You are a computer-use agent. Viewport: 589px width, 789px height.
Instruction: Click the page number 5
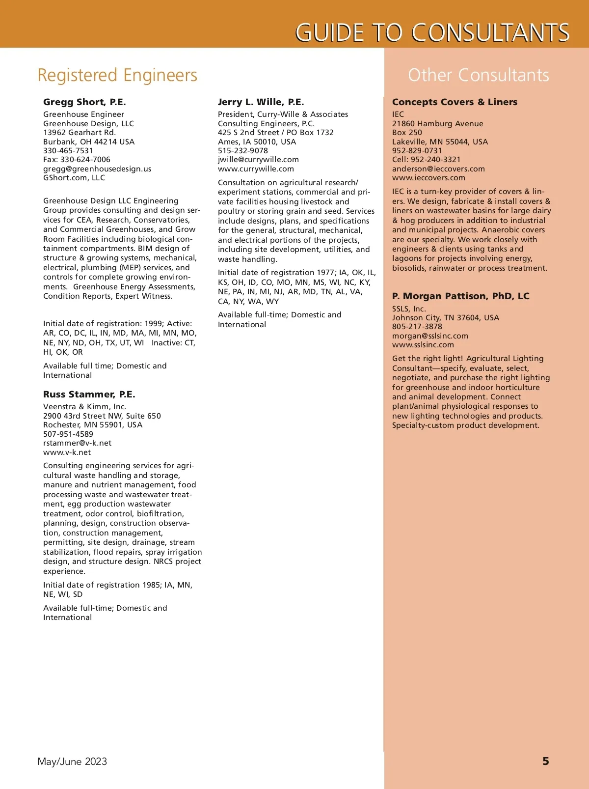click(545, 761)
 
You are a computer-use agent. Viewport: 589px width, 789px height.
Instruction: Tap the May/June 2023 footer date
click(72, 761)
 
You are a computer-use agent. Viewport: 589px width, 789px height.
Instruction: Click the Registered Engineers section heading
click(117, 75)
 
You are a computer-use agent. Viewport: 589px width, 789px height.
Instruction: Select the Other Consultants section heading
click(479, 75)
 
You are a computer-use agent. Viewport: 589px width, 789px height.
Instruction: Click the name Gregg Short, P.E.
click(84, 102)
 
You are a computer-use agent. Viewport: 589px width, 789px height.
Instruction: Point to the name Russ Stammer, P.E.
click(89, 394)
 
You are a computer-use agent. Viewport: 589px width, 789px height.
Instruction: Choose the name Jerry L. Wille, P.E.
click(261, 102)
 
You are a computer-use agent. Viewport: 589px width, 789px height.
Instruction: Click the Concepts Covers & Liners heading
click(455, 102)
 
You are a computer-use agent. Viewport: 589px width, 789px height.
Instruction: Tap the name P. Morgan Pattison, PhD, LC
click(460, 296)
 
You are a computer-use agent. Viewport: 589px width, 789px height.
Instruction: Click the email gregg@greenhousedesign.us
click(97, 169)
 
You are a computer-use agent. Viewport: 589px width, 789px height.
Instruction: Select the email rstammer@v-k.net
click(77, 443)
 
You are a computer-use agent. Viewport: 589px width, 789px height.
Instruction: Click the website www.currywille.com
click(256, 169)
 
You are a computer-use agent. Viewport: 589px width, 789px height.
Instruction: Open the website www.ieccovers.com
click(428, 178)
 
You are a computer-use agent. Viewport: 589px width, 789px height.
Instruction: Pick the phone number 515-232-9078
click(243, 150)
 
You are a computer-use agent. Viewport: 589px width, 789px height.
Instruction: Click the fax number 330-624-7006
click(85, 159)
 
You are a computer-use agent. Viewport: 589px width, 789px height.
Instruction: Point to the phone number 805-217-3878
click(417, 326)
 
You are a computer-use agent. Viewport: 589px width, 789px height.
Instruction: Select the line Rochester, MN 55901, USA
click(93, 424)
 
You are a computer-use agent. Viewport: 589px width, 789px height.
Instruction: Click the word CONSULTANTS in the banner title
click(490, 32)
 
